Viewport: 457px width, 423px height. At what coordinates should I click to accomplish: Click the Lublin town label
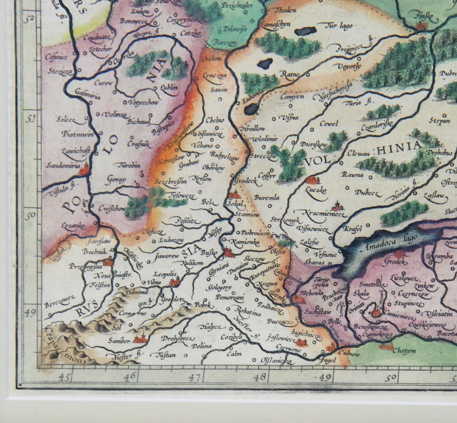[169, 87]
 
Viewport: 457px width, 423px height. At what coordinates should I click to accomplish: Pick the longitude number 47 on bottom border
[195, 378]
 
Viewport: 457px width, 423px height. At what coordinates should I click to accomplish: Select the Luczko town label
[315, 190]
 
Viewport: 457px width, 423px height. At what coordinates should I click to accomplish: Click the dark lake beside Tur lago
[305, 31]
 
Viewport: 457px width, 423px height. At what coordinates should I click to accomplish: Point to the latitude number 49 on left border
[31, 314]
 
